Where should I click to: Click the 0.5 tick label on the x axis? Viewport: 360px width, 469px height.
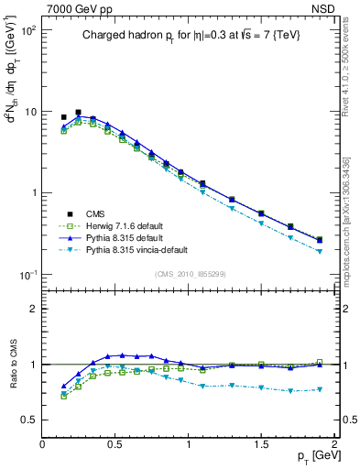(x=115, y=444)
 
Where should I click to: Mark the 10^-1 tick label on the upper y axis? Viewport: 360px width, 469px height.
(x=27, y=275)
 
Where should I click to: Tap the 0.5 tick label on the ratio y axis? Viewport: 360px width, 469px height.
(x=29, y=420)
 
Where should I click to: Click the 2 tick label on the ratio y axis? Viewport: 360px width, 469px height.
(x=33, y=309)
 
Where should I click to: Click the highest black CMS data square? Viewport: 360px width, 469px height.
(x=78, y=112)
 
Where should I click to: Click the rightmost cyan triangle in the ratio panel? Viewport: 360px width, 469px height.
(x=319, y=389)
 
